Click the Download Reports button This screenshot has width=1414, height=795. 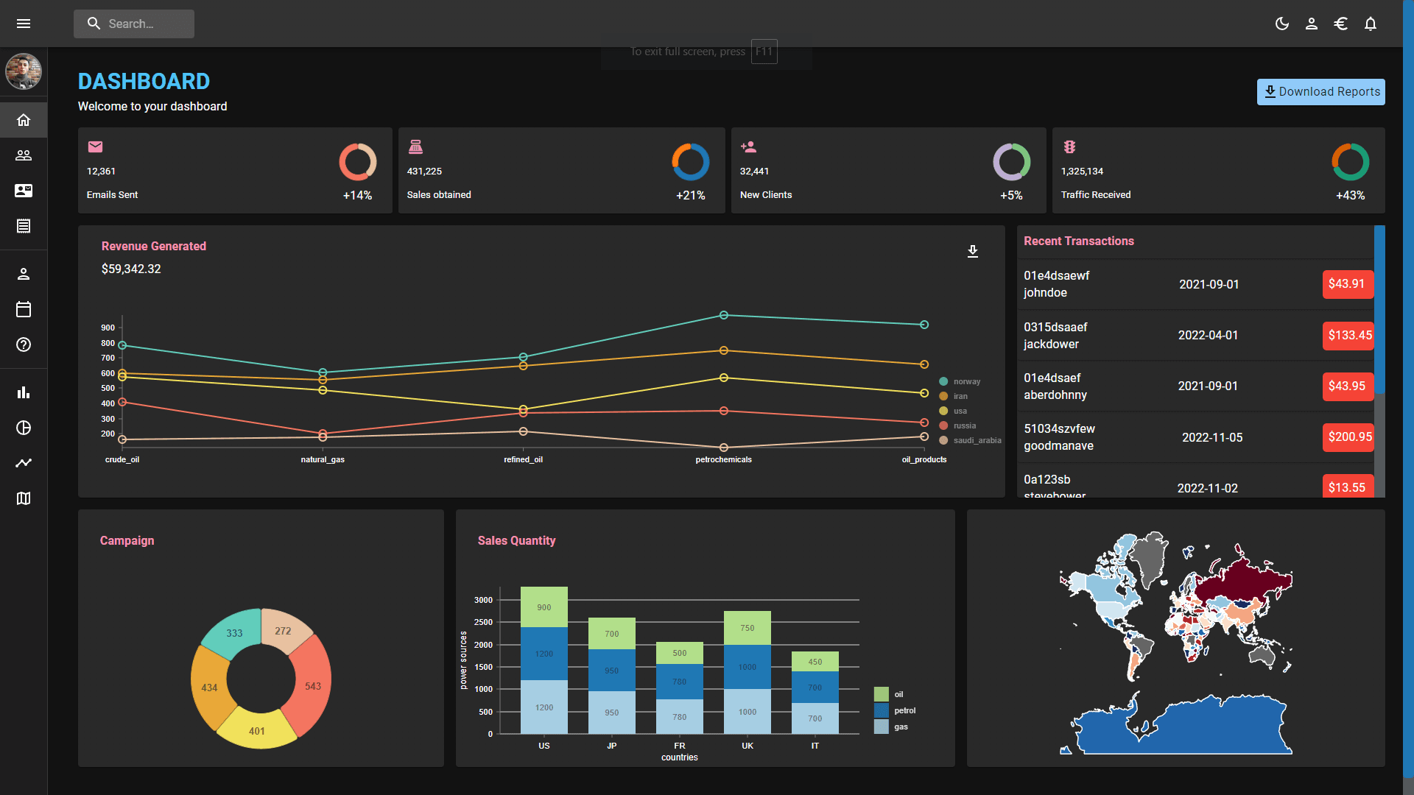click(x=1320, y=92)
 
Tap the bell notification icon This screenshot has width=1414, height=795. click(x=1370, y=24)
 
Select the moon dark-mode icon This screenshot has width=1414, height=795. click(x=1282, y=24)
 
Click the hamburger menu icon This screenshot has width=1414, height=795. click(x=24, y=24)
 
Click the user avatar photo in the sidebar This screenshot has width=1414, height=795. click(x=24, y=71)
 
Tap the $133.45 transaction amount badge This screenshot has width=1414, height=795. click(x=1348, y=336)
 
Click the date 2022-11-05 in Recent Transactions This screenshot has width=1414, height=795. click(x=1212, y=438)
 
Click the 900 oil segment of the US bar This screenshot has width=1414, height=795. click(x=544, y=607)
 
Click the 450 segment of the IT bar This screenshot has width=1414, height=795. click(x=815, y=661)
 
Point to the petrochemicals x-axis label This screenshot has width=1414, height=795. click(x=723, y=459)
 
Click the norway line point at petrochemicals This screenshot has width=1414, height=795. click(x=724, y=315)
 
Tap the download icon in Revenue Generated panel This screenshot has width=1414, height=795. click(x=973, y=252)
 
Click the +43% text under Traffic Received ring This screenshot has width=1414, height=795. click(x=1350, y=195)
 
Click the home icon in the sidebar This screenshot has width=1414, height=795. click(x=24, y=120)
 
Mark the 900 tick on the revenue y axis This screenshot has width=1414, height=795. click(x=108, y=328)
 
